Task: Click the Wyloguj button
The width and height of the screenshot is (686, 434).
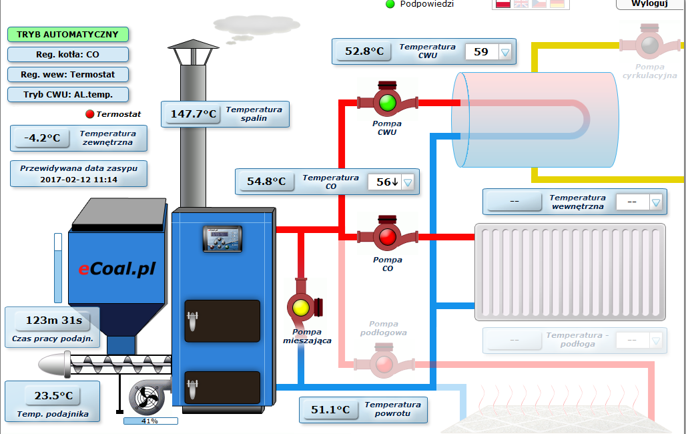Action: [x=649, y=4]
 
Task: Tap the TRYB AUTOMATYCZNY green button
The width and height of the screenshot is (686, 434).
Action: [x=67, y=34]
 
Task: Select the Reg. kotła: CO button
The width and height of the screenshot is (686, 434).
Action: [x=67, y=54]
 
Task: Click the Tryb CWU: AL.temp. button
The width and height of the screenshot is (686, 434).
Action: [x=67, y=94]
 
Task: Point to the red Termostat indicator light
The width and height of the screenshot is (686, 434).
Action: [x=90, y=114]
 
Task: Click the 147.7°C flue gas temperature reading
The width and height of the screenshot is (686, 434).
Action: [x=194, y=114]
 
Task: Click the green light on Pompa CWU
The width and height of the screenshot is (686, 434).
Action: [x=387, y=102]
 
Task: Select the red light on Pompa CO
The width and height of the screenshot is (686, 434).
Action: [x=387, y=236]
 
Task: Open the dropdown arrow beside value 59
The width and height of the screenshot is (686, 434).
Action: [x=505, y=51]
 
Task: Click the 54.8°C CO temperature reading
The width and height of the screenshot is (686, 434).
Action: [x=266, y=182]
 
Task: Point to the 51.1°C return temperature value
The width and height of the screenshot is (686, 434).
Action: [x=330, y=410]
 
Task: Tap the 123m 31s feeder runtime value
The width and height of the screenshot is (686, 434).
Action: [x=54, y=321]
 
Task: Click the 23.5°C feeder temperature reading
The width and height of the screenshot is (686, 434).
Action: [x=53, y=395]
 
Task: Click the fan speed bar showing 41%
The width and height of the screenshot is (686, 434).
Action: [x=150, y=421]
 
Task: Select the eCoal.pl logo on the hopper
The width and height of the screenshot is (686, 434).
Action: [x=117, y=269]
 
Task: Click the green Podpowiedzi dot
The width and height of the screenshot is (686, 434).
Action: [x=390, y=4]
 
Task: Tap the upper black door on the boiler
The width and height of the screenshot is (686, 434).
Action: [x=222, y=320]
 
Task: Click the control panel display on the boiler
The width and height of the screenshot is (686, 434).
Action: [x=223, y=238]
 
